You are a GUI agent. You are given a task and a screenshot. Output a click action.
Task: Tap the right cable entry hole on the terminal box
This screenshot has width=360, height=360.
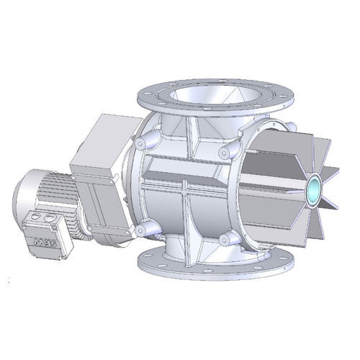[48, 214]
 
